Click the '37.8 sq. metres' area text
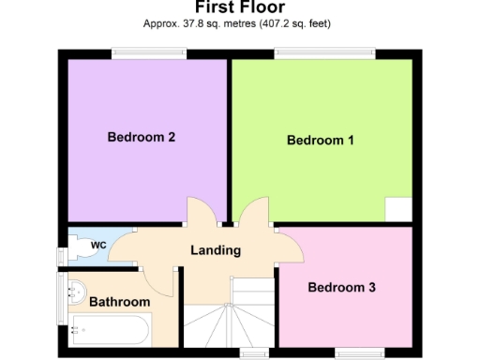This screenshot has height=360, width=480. point(200,23)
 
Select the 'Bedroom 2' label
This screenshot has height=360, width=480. point(142,137)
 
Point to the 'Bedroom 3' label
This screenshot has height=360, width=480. point(341,288)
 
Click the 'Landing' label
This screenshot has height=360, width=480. point(216,250)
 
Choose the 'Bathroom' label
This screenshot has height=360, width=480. point(119,302)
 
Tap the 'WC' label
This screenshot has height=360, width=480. point(97,246)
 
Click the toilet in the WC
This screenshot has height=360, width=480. point(80,247)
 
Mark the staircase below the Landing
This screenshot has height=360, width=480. point(228,319)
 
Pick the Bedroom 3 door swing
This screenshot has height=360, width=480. point(292,247)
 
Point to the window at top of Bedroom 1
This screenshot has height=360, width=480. point(323,53)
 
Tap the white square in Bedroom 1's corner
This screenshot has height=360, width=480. point(398,209)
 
